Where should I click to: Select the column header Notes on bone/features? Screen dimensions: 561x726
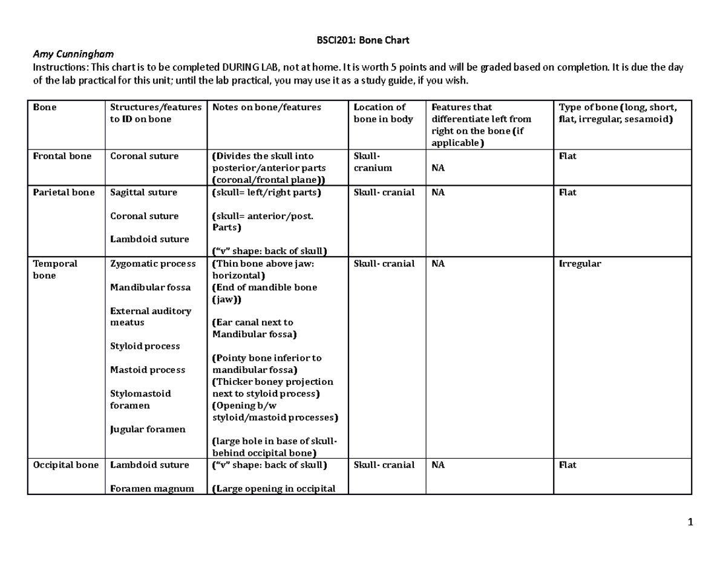267,107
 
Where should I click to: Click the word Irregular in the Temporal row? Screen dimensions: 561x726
579,264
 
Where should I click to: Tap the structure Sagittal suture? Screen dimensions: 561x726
143,192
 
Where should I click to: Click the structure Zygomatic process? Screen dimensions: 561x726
152,264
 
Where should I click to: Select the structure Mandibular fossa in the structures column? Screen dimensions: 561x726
150,287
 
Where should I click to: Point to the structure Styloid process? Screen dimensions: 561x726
145,346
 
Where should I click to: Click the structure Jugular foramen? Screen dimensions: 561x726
148,429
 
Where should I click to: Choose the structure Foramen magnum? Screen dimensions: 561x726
152,488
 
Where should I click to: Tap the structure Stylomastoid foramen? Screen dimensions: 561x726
140,399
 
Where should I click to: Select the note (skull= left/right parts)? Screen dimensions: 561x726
266,192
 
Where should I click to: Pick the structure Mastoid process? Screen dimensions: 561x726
148,370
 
